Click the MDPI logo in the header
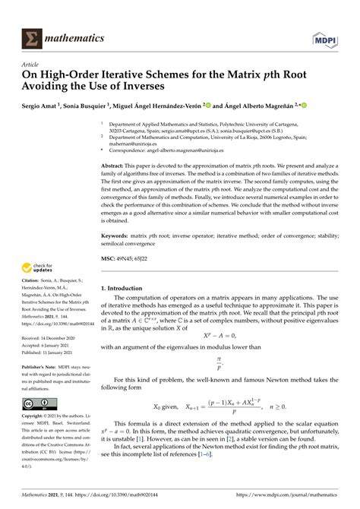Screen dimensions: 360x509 (324, 36)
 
